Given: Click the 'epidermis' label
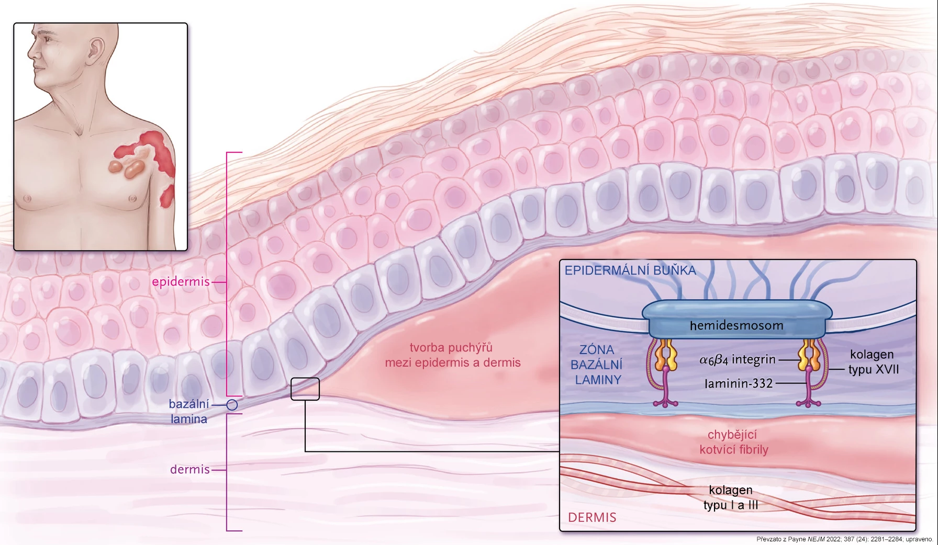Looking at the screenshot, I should pos(181,281).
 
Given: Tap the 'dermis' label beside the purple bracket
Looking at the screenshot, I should pos(189,469).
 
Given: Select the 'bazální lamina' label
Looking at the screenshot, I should pos(188,411).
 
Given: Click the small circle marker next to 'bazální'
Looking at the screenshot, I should pos(232,405).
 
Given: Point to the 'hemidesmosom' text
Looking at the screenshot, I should pos(736,325).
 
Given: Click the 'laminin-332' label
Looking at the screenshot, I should pos(739,383).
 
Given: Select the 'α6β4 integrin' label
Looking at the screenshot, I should pos(738,359).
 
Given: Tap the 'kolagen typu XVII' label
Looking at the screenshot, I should pos(873,362).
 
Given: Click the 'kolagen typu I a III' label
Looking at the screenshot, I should pos(731,497).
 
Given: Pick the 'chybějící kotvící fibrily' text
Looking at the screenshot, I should pos(733,442).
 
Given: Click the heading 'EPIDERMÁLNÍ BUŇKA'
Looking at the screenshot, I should pos(630,270).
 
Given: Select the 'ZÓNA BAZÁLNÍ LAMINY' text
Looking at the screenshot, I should pos(597,365).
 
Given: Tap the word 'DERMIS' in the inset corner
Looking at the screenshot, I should pos(592,517).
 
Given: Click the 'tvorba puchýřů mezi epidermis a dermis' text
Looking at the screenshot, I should pos(453,355).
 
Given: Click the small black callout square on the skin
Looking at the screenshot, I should pos(305,389).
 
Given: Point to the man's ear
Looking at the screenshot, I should pos(96,50).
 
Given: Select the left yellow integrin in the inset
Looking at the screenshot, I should pos(665,355).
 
